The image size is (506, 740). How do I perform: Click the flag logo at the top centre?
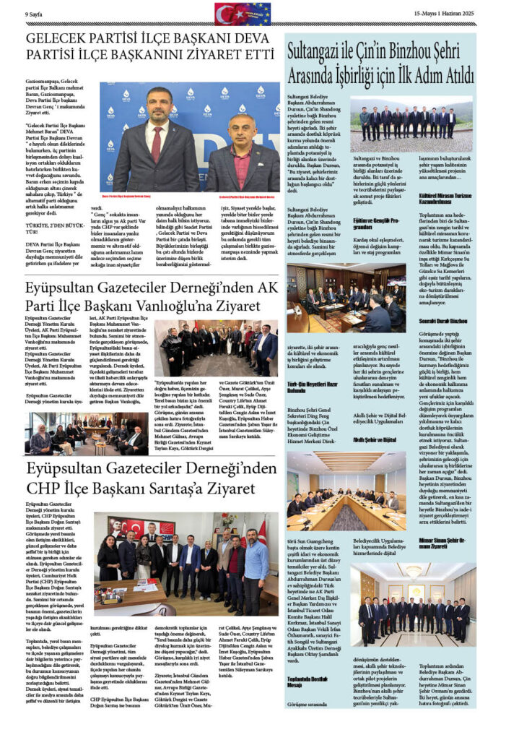(242, 13)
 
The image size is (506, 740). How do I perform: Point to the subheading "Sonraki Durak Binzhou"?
(444, 319)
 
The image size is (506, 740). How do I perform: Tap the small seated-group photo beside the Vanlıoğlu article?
(87, 433)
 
